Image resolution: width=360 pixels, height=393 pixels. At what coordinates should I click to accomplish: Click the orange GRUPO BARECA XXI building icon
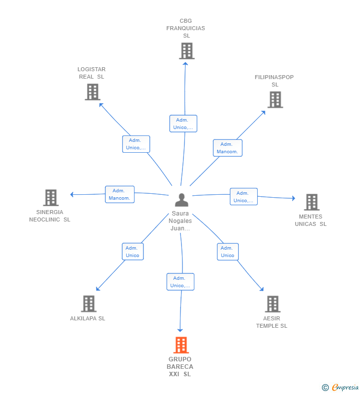point(181,345)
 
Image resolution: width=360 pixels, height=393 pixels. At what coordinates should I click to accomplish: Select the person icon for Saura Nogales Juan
point(181,200)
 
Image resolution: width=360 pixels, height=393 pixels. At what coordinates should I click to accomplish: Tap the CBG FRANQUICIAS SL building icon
point(187,51)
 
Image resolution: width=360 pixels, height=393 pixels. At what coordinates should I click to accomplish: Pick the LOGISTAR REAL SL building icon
point(92,92)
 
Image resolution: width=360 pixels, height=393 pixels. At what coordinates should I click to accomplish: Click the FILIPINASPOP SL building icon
point(275,100)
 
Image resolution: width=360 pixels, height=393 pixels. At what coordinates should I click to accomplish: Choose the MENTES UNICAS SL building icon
point(312,202)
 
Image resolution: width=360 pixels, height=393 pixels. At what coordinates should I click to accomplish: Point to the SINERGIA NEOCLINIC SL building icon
point(51,198)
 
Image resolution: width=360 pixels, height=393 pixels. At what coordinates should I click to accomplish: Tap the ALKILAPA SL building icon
point(89,304)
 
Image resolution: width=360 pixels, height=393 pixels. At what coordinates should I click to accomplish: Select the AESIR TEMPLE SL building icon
point(273,304)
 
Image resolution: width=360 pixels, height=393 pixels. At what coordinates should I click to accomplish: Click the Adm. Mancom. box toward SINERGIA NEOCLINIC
point(120,194)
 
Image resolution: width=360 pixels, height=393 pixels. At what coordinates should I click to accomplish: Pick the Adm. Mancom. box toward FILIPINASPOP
point(227,148)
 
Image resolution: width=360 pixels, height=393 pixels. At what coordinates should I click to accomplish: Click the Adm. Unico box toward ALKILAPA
point(133,252)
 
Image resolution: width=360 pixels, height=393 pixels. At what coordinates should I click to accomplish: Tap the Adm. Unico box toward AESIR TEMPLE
point(227,252)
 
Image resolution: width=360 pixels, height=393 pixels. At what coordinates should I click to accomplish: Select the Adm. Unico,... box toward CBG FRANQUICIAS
point(183,124)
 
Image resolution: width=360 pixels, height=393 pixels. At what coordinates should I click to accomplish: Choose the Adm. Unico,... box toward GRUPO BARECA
point(180,282)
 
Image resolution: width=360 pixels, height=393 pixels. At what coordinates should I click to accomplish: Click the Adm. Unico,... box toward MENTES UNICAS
point(244,197)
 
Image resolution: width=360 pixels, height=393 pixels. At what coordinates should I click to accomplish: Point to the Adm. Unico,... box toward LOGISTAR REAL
point(136,144)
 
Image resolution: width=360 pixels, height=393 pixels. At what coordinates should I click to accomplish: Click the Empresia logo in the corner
point(340,387)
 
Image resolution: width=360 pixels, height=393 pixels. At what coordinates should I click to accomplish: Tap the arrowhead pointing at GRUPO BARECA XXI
point(180,330)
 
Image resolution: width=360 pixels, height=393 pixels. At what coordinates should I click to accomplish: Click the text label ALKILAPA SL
point(88,318)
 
